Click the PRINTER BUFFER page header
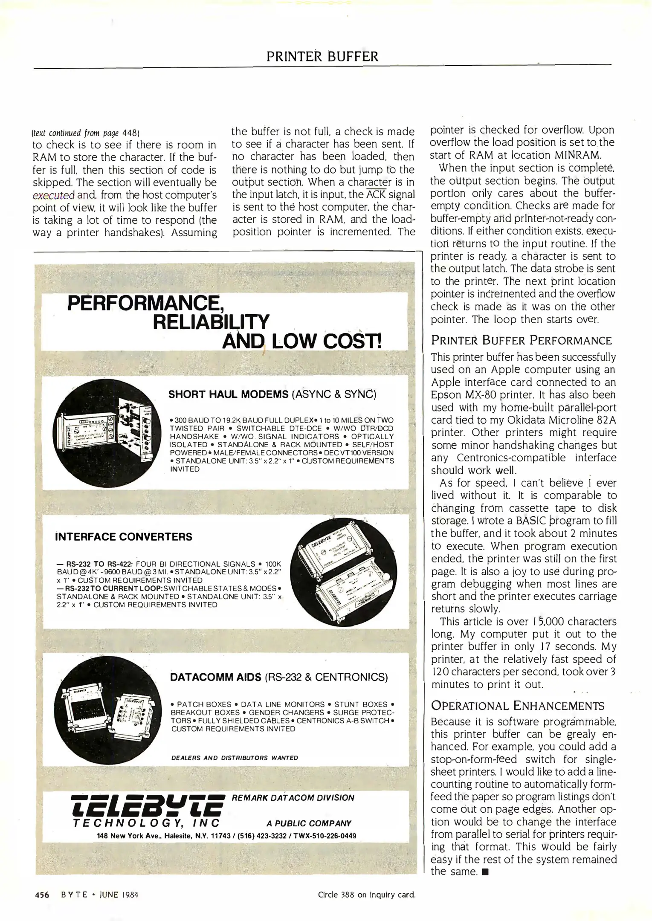tap(322, 56)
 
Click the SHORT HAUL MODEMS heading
tap(229, 394)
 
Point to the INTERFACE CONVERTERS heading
tap(124, 537)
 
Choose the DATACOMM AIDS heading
tap(215, 677)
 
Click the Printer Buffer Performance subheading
tap(521, 340)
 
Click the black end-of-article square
tap(484, 872)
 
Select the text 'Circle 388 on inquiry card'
tap(366, 895)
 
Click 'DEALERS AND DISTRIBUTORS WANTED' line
tap(235, 758)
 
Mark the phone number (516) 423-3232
tap(261, 836)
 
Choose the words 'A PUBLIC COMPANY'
tap(309, 823)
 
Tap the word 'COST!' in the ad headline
tap(351, 341)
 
